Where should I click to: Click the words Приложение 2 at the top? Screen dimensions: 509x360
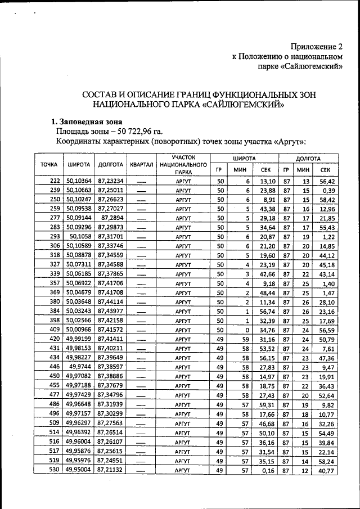316,47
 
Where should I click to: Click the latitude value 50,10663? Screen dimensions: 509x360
79,190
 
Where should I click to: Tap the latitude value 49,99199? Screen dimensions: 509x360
79,339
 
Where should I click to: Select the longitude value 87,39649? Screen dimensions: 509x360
111,357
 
